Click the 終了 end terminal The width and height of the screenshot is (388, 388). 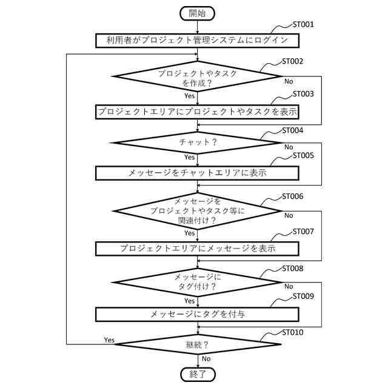(198, 374)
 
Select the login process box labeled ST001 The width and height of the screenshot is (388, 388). (198, 41)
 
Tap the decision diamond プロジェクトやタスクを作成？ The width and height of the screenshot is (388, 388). (198, 77)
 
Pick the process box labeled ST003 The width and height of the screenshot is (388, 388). (198, 112)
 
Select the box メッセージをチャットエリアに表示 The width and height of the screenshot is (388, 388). (198, 173)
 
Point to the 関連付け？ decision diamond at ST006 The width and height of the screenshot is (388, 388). (198, 211)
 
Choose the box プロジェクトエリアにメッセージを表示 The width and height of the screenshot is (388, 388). (198, 248)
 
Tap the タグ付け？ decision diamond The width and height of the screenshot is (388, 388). (198, 281)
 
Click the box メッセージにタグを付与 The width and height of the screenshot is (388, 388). (198, 314)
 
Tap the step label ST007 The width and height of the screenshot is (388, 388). (303, 232)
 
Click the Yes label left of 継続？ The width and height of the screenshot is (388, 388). (109, 339)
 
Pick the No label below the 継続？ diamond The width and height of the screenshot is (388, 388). (206, 359)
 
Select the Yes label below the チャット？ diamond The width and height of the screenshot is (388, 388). (190, 157)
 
